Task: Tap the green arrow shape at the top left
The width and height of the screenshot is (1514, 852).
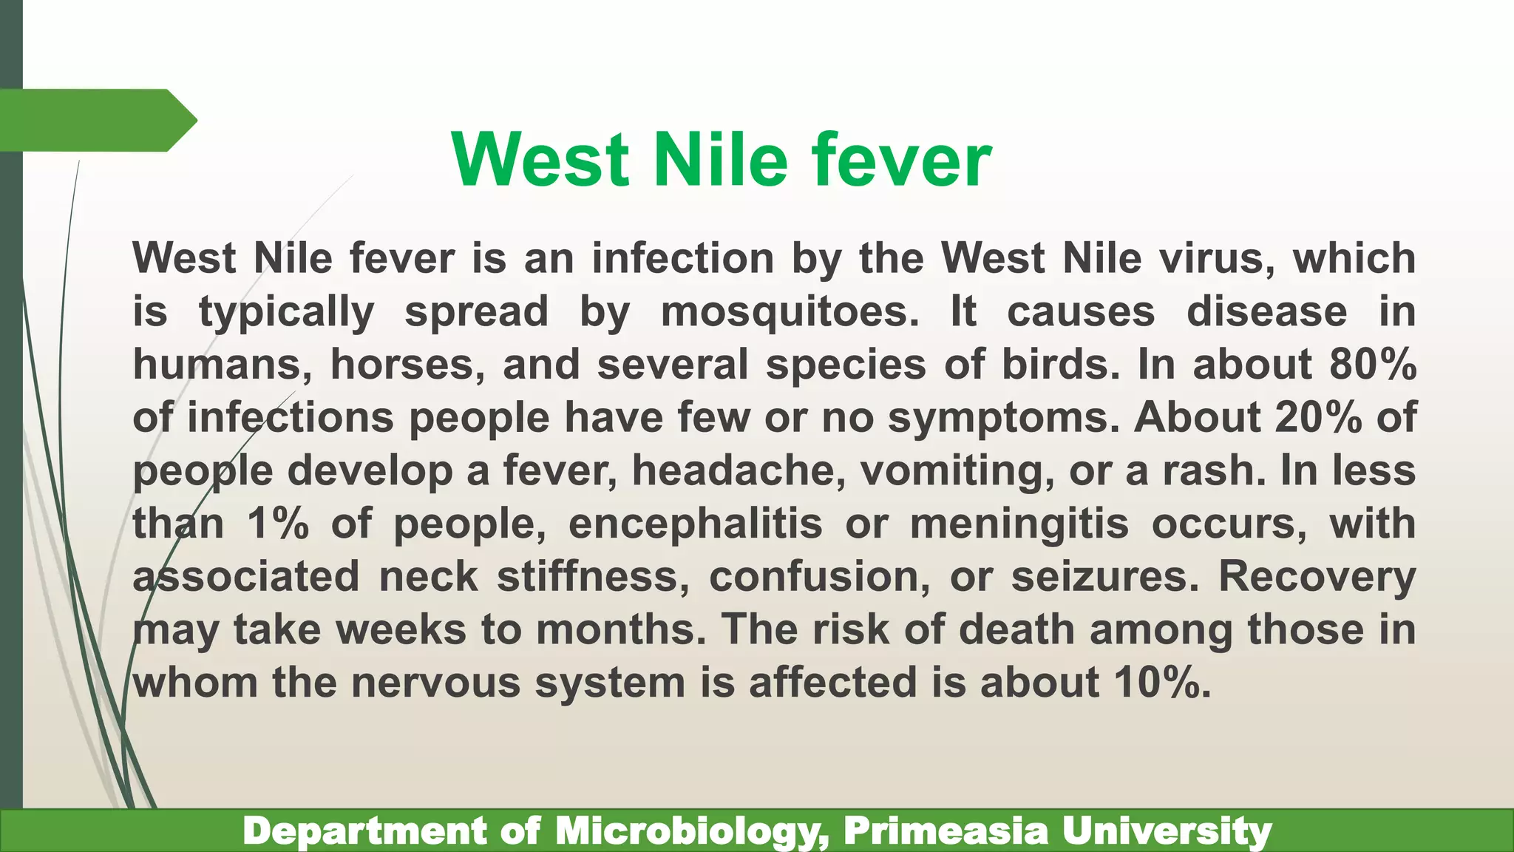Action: pos(96,120)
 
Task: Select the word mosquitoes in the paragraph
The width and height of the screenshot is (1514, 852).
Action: pos(790,311)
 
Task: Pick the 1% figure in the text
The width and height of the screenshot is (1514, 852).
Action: pos(278,524)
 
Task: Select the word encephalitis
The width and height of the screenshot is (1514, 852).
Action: pos(695,524)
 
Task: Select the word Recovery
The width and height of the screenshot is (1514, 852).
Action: pos(1317,577)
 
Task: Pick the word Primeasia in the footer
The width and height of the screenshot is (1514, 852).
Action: pos(946,831)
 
